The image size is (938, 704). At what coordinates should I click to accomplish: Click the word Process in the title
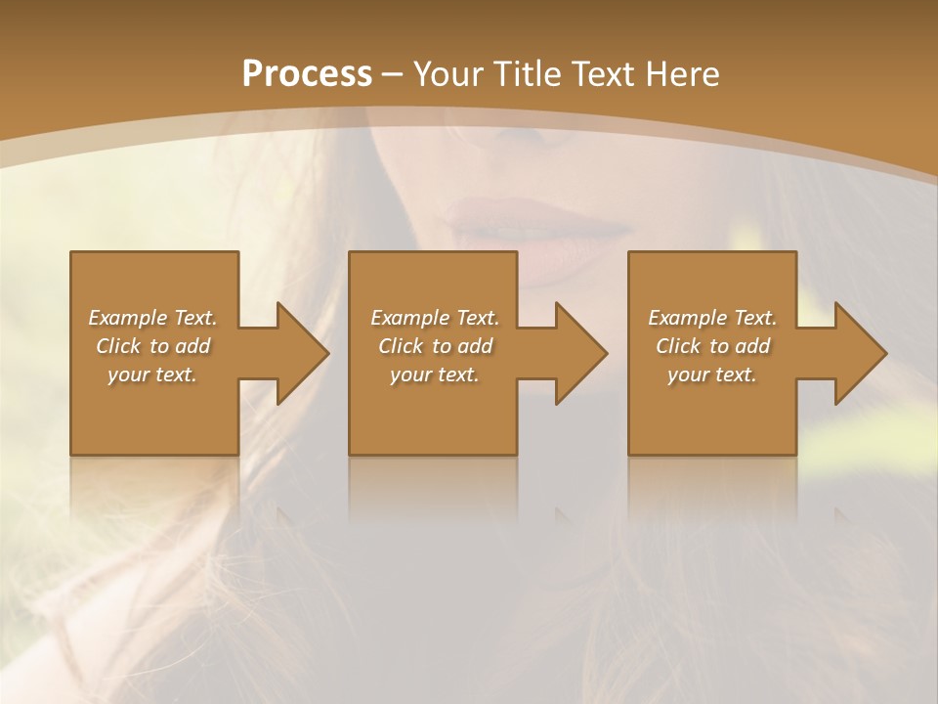point(307,74)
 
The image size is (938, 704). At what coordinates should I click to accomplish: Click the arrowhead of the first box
point(299,353)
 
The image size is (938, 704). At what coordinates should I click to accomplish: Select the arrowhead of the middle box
point(577,353)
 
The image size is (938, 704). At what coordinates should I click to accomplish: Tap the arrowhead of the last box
point(857,353)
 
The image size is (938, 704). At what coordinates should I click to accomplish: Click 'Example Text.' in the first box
point(152,318)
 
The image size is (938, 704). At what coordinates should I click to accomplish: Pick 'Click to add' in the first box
point(152,346)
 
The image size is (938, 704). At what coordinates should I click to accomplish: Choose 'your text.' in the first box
point(152,374)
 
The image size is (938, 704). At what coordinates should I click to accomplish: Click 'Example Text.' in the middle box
point(435,318)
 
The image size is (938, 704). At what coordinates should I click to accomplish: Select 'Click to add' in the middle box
point(435,346)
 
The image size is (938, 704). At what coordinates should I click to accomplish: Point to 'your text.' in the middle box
point(435,374)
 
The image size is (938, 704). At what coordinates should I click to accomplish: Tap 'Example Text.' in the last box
point(712,318)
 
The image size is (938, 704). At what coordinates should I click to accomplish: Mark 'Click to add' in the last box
point(712,346)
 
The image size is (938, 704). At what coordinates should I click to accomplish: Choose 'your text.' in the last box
point(712,374)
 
